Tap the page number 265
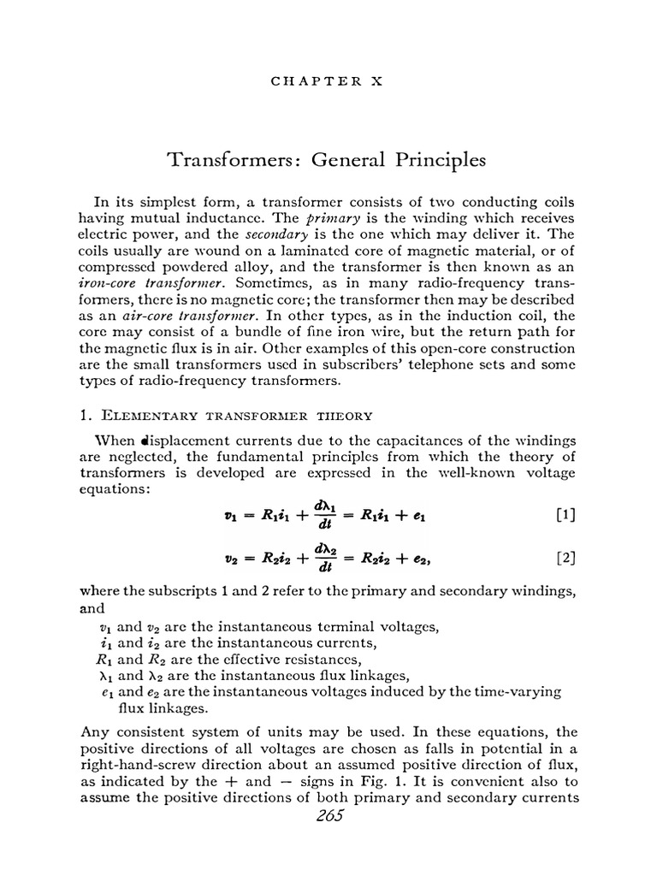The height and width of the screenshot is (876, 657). pos(328,815)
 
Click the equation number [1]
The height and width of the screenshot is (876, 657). pos(565,515)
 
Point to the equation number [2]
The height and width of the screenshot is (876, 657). pos(565,559)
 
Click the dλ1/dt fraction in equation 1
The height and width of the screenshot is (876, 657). pos(323,515)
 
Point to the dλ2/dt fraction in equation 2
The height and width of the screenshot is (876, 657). pos(323,559)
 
